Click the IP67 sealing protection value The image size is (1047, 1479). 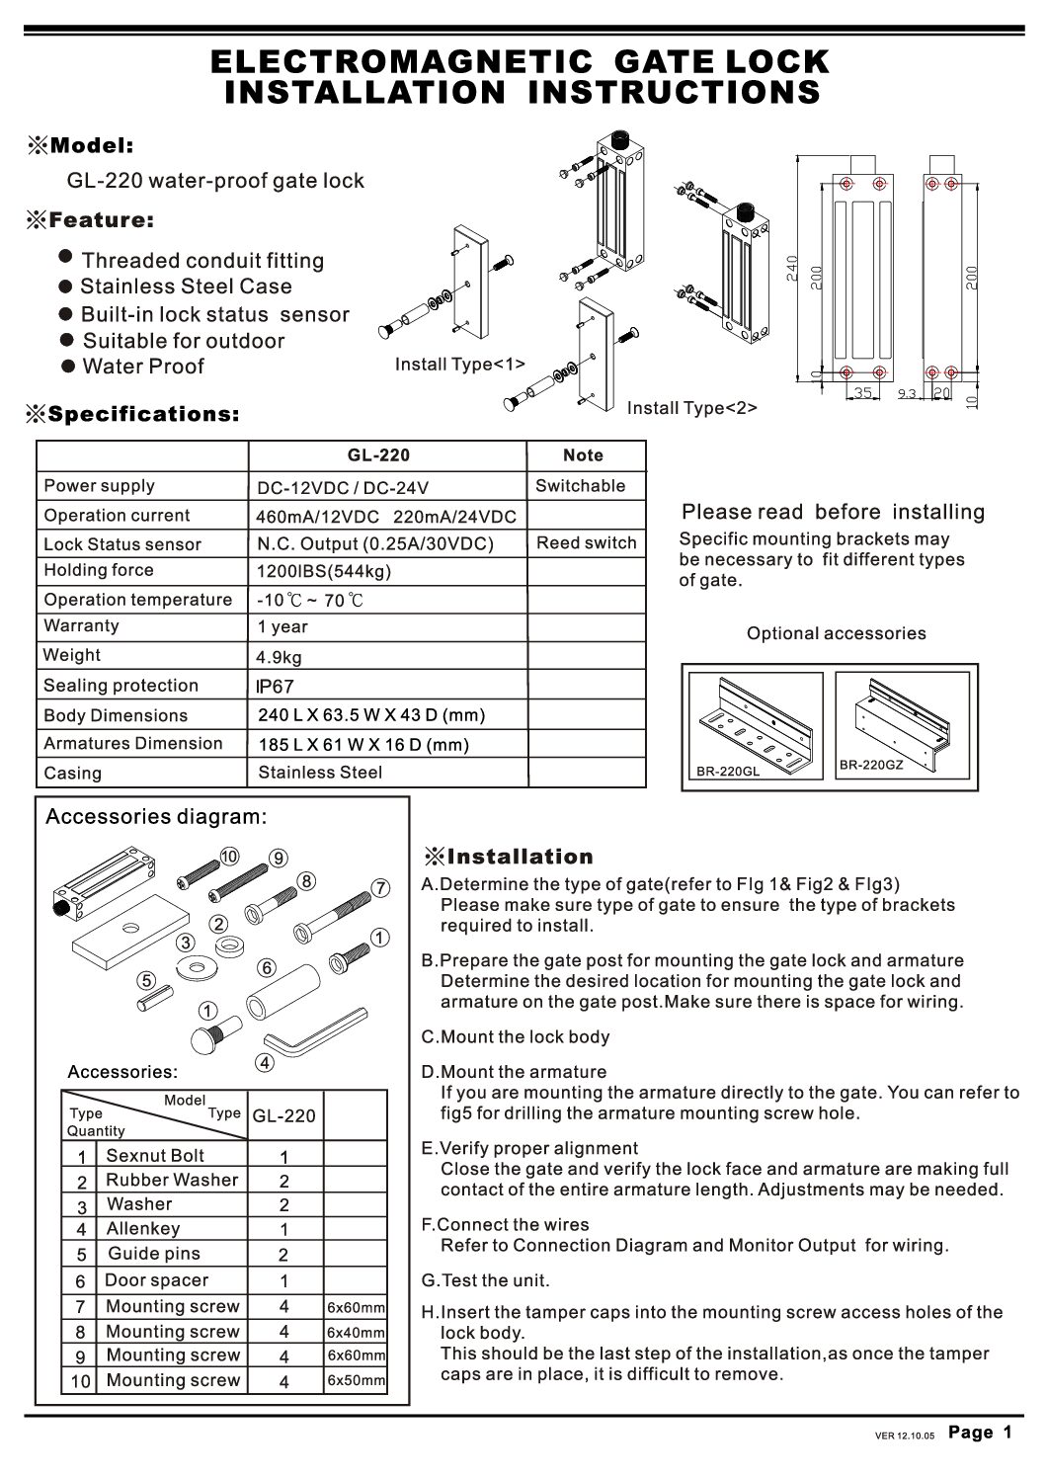(275, 687)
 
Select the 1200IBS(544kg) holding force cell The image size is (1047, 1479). (324, 571)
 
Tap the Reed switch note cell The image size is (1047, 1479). (586, 542)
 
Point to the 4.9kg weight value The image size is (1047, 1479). (279, 657)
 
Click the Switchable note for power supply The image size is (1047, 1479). (580, 486)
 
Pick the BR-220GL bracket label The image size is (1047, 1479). (727, 772)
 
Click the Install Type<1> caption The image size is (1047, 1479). (459, 365)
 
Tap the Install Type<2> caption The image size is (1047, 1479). (691, 408)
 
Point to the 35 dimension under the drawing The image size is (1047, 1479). (862, 393)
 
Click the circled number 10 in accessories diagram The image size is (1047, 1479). (229, 856)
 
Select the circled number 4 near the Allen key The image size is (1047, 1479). (264, 1063)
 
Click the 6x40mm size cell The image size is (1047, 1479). (356, 1332)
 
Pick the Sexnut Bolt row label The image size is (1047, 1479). (155, 1156)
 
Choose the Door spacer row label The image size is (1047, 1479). (157, 1280)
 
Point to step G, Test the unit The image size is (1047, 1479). (485, 1280)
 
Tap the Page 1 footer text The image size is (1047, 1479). (980, 1433)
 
